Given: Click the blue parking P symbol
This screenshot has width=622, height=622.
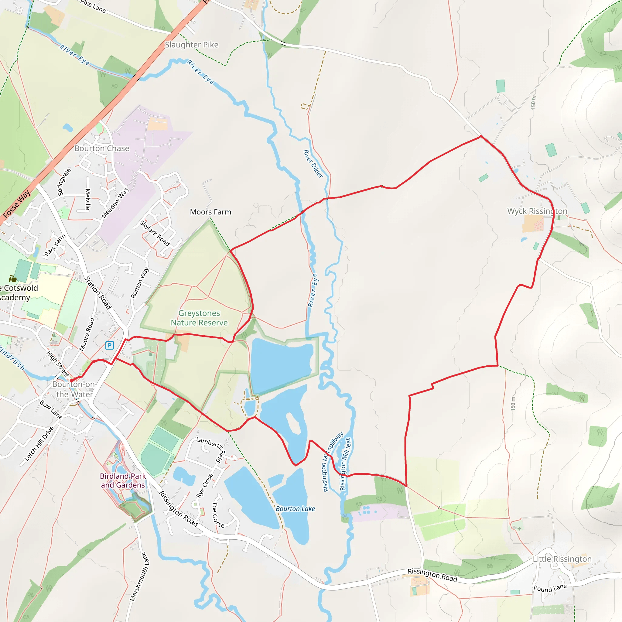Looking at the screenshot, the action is click(x=109, y=345).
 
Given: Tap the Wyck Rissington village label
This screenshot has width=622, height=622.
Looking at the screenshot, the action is click(x=537, y=211).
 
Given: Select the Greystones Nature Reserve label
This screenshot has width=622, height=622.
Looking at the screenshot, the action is click(x=199, y=318).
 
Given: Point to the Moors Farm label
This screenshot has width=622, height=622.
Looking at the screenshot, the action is click(x=210, y=212).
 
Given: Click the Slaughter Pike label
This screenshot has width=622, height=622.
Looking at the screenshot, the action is click(x=192, y=45).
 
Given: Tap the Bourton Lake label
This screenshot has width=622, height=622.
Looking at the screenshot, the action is click(x=295, y=509).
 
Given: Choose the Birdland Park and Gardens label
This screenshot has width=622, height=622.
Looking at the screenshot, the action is click(x=123, y=480).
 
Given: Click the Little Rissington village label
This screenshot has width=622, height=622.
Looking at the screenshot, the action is click(x=562, y=559).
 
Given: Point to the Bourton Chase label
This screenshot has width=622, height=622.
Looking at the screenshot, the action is click(x=102, y=149).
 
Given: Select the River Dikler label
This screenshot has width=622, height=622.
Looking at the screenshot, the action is click(x=313, y=164).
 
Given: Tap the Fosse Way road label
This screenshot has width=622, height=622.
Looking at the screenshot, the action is click(x=17, y=203).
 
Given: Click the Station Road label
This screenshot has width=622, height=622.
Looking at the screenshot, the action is click(x=97, y=293).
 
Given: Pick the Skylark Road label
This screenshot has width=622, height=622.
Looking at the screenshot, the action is click(x=155, y=233).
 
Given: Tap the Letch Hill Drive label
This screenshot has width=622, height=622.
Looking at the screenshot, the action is click(x=39, y=444).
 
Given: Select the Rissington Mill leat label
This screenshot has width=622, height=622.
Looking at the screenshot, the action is click(x=345, y=464).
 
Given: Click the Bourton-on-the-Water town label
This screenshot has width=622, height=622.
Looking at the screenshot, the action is click(x=74, y=389).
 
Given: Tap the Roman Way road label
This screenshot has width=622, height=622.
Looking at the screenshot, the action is click(x=139, y=282).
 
